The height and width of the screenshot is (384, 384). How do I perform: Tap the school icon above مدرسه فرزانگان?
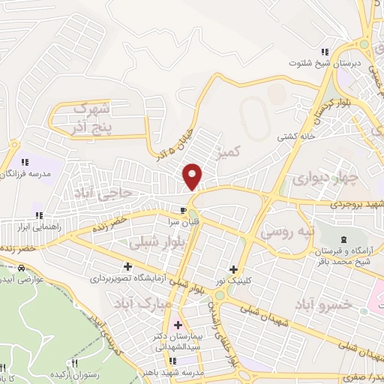[x=24, y=161]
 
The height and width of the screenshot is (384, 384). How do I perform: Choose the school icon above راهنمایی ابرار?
[x=37, y=216]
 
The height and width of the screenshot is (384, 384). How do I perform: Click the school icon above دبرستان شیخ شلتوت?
[x=324, y=52]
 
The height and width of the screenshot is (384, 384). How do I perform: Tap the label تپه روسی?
[x=286, y=232]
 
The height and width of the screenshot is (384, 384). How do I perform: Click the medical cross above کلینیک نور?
[x=234, y=269]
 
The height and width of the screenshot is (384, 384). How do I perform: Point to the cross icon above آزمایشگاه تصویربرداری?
[x=127, y=266]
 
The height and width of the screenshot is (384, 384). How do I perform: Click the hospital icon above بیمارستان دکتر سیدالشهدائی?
[x=178, y=325]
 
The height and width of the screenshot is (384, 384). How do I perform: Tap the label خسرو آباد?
[x=324, y=304]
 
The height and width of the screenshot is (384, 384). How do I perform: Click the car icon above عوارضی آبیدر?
[x=22, y=268]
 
